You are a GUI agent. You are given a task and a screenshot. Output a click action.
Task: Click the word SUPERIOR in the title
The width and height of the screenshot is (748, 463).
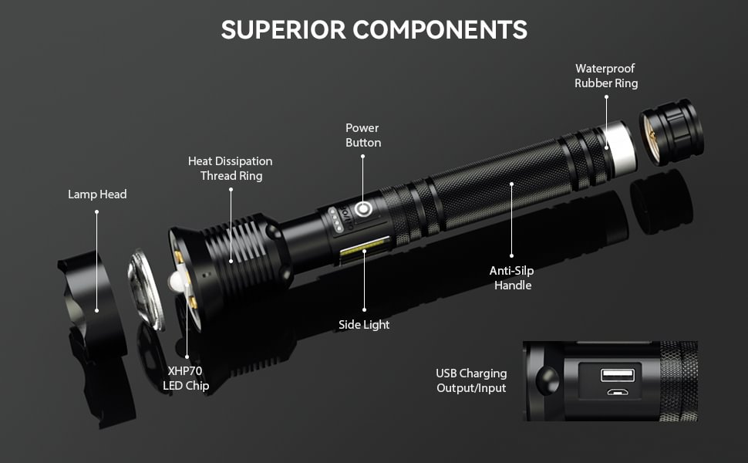283,29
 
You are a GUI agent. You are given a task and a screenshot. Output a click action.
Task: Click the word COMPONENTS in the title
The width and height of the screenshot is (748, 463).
440,29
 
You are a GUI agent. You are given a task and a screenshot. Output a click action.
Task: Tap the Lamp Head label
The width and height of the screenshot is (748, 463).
96,194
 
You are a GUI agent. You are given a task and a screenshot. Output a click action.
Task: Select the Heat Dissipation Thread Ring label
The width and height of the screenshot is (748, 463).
231,168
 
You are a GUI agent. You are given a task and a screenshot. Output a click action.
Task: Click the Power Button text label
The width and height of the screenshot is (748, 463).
362,135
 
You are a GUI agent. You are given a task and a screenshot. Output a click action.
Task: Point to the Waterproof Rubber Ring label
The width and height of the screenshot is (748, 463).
605,76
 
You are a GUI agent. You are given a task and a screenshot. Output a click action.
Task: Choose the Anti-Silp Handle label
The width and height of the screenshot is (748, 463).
510,278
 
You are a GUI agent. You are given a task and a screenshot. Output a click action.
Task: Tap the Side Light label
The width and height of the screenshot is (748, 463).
364,325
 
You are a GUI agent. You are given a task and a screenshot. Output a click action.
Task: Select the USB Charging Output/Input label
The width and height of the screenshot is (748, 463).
471,381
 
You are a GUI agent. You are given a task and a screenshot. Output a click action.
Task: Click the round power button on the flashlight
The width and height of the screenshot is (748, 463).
362,210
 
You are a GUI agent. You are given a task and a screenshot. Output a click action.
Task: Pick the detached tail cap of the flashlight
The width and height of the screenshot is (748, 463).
670,130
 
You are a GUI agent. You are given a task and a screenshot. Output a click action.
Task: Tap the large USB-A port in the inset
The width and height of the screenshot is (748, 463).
617,375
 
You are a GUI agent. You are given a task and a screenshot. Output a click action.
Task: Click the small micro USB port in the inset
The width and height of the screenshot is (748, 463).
617,393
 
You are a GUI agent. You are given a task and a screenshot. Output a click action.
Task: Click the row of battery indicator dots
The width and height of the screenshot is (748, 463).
336,218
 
